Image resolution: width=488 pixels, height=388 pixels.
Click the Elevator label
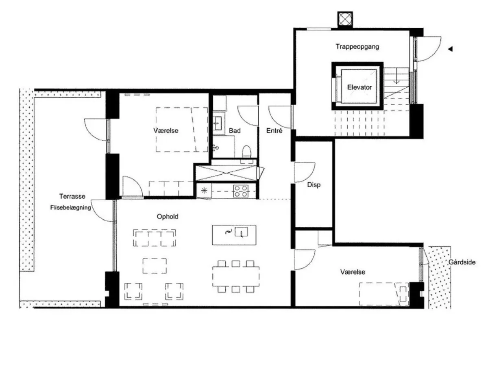click(x=359, y=87)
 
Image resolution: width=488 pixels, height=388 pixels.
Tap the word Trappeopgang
click(x=357, y=47)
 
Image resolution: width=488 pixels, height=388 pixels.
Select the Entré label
click(x=274, y=130)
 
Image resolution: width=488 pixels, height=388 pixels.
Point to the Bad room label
click(x=235, y=130)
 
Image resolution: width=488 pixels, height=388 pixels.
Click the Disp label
click(x=314, y=185)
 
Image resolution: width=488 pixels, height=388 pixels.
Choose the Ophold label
click(x=168, y=217)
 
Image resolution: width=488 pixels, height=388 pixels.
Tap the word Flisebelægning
click(x=71, y=208)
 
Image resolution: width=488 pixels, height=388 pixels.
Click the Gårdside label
click(x=462, y=262)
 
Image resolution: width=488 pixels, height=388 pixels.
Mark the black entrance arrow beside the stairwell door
click(x=450, y=49)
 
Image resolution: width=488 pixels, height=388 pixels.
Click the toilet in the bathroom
click(x=246, y=152)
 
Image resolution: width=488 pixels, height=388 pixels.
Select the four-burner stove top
click(x=241, y=191)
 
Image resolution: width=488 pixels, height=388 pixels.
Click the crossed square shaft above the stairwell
click(x=345, y=19)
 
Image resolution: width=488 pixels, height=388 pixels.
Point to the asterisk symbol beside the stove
click(x=204, y=191)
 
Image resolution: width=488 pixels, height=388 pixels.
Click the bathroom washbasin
click(x=218, y=124)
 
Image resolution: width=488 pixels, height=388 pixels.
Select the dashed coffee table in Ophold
click(x=155, y=266)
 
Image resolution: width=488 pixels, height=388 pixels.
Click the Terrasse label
click(x=72, y=196)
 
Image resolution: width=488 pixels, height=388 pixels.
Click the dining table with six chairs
click(x=236, y=276)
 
